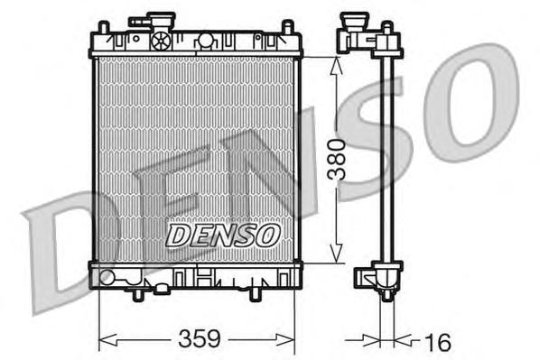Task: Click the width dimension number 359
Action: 200,339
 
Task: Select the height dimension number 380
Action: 336,159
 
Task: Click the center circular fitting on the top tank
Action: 205,40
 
